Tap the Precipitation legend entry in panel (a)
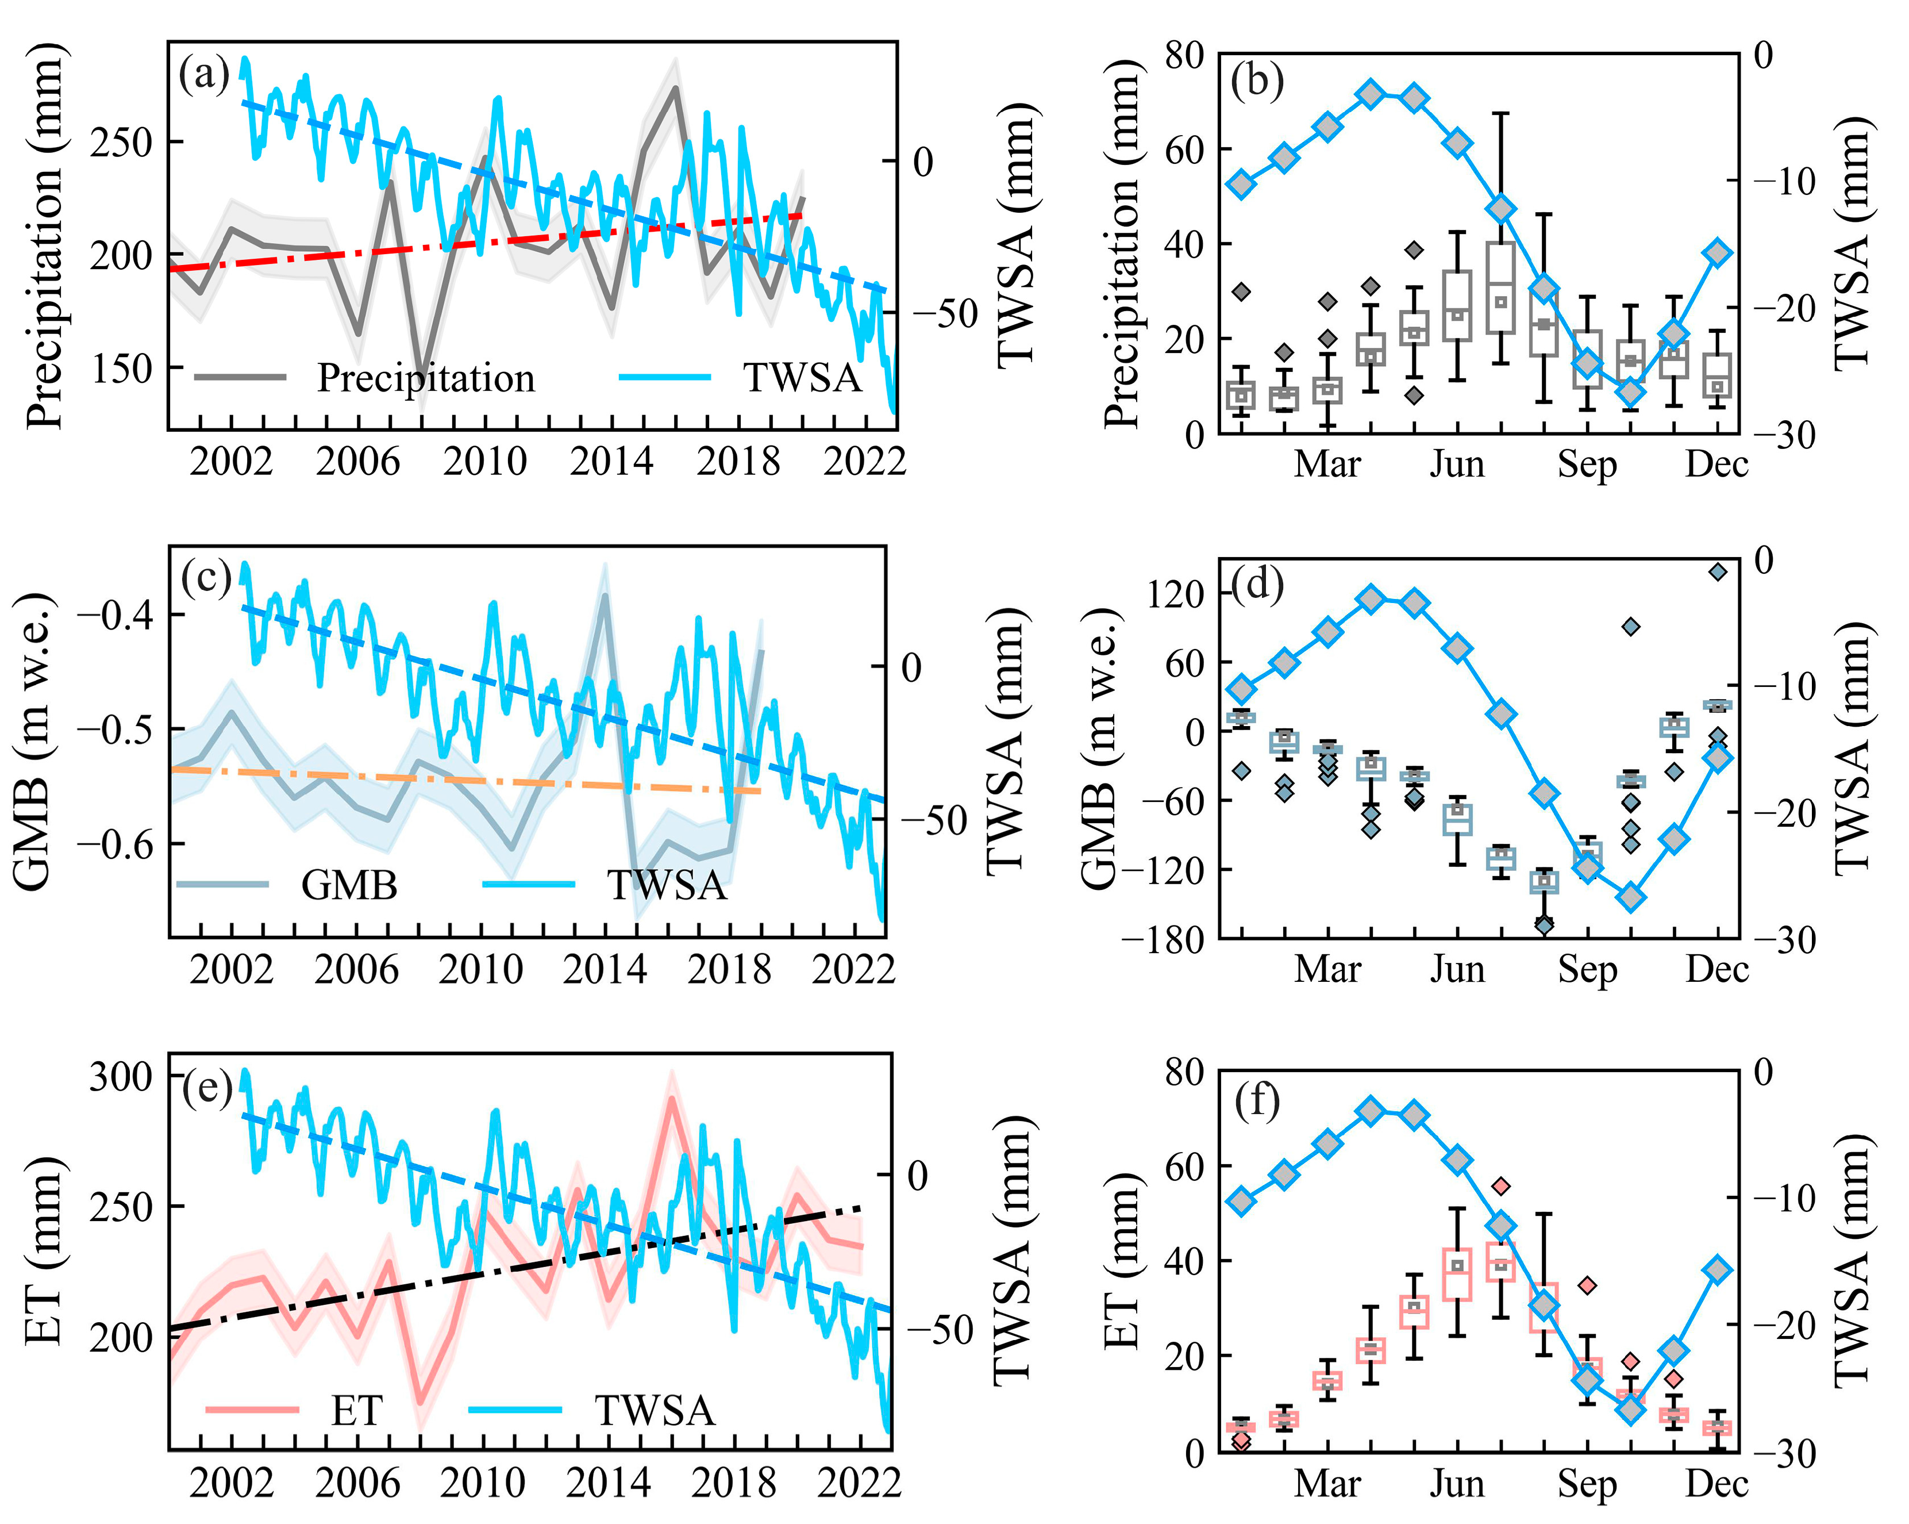[425, 378]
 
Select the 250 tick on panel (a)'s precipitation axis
[121, 141]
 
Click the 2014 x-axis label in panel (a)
[610, 462]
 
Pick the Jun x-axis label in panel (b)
[1457, 464]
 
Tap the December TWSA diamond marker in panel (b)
[1717, 252]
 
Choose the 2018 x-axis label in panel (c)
[729, 970]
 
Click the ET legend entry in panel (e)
[356, 1410]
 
